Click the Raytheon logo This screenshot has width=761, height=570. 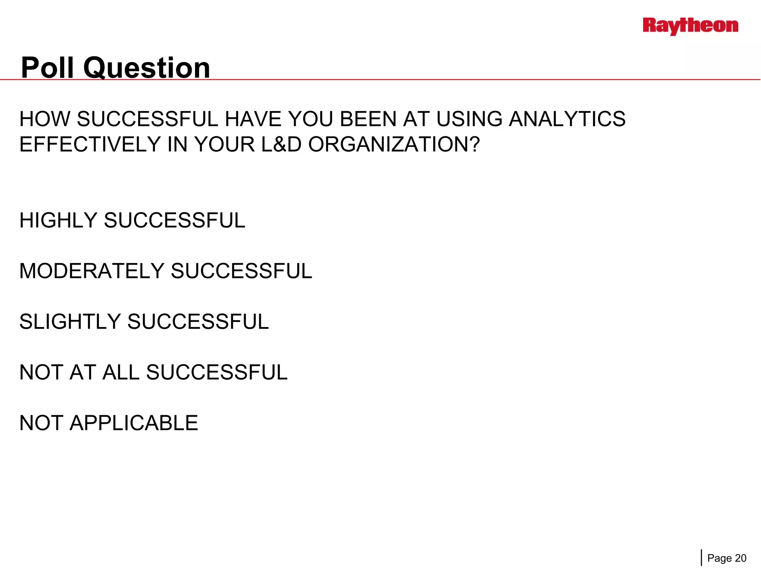click(x=690, y=26)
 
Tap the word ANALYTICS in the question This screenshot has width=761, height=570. click(x=567, y=119)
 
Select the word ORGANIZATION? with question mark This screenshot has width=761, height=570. click(x=394, y=144)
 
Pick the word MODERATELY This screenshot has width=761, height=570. click(x=91, y=271)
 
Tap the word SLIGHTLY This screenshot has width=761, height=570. click(x=70, y=322)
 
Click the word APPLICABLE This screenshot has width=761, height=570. click(x=134, y=423)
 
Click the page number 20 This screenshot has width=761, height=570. click(x=741, y=558)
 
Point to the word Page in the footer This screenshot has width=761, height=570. click(x=719, y=558)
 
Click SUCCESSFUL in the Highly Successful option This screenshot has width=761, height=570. click(x=175, y=220)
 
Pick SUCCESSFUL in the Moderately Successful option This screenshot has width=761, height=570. click(x=242, y=271)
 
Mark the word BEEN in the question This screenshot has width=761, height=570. click(x=368, y=119)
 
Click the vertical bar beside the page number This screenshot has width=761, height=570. click(x=702, y=558)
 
